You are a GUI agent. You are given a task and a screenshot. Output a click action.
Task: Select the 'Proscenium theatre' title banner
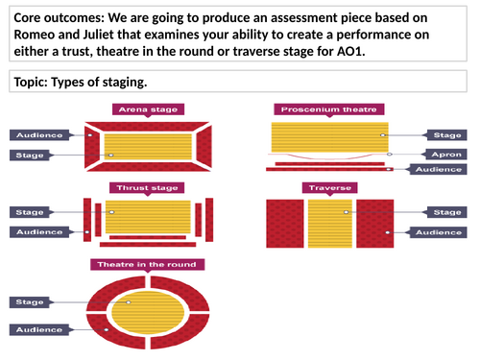click(329, 109)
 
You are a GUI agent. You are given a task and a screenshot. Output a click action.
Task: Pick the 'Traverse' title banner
click(329, 187)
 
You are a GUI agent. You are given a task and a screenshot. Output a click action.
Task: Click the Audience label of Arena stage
click(33, 135)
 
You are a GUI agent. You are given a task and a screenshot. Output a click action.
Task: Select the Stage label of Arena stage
click(33, 155)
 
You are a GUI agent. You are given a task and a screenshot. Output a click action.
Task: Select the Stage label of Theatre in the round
click(33, 301)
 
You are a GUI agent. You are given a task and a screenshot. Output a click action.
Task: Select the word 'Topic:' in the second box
click(36, 83)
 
